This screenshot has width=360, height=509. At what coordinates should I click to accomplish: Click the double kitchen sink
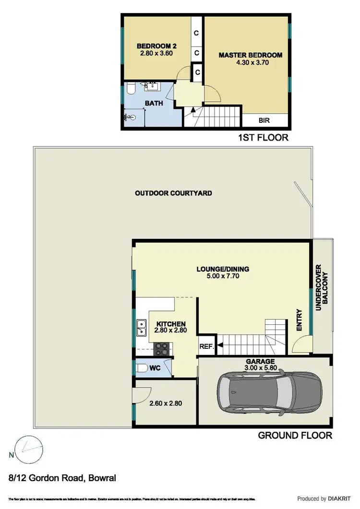click(142, 327)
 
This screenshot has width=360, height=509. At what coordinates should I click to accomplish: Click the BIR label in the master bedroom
click(264, 120)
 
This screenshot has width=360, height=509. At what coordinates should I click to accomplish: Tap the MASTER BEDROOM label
click(250, 55)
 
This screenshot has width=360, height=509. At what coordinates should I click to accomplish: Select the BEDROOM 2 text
click(156, 46)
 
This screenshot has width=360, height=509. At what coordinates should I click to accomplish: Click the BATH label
click(154, 103)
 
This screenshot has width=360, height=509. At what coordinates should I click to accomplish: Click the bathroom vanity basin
click(151, 86)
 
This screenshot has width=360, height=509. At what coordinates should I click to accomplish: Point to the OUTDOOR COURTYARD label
click(173, 193)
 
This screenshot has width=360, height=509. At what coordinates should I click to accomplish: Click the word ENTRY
click(300, 320)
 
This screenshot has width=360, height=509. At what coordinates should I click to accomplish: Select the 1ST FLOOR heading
click(263, 138)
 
